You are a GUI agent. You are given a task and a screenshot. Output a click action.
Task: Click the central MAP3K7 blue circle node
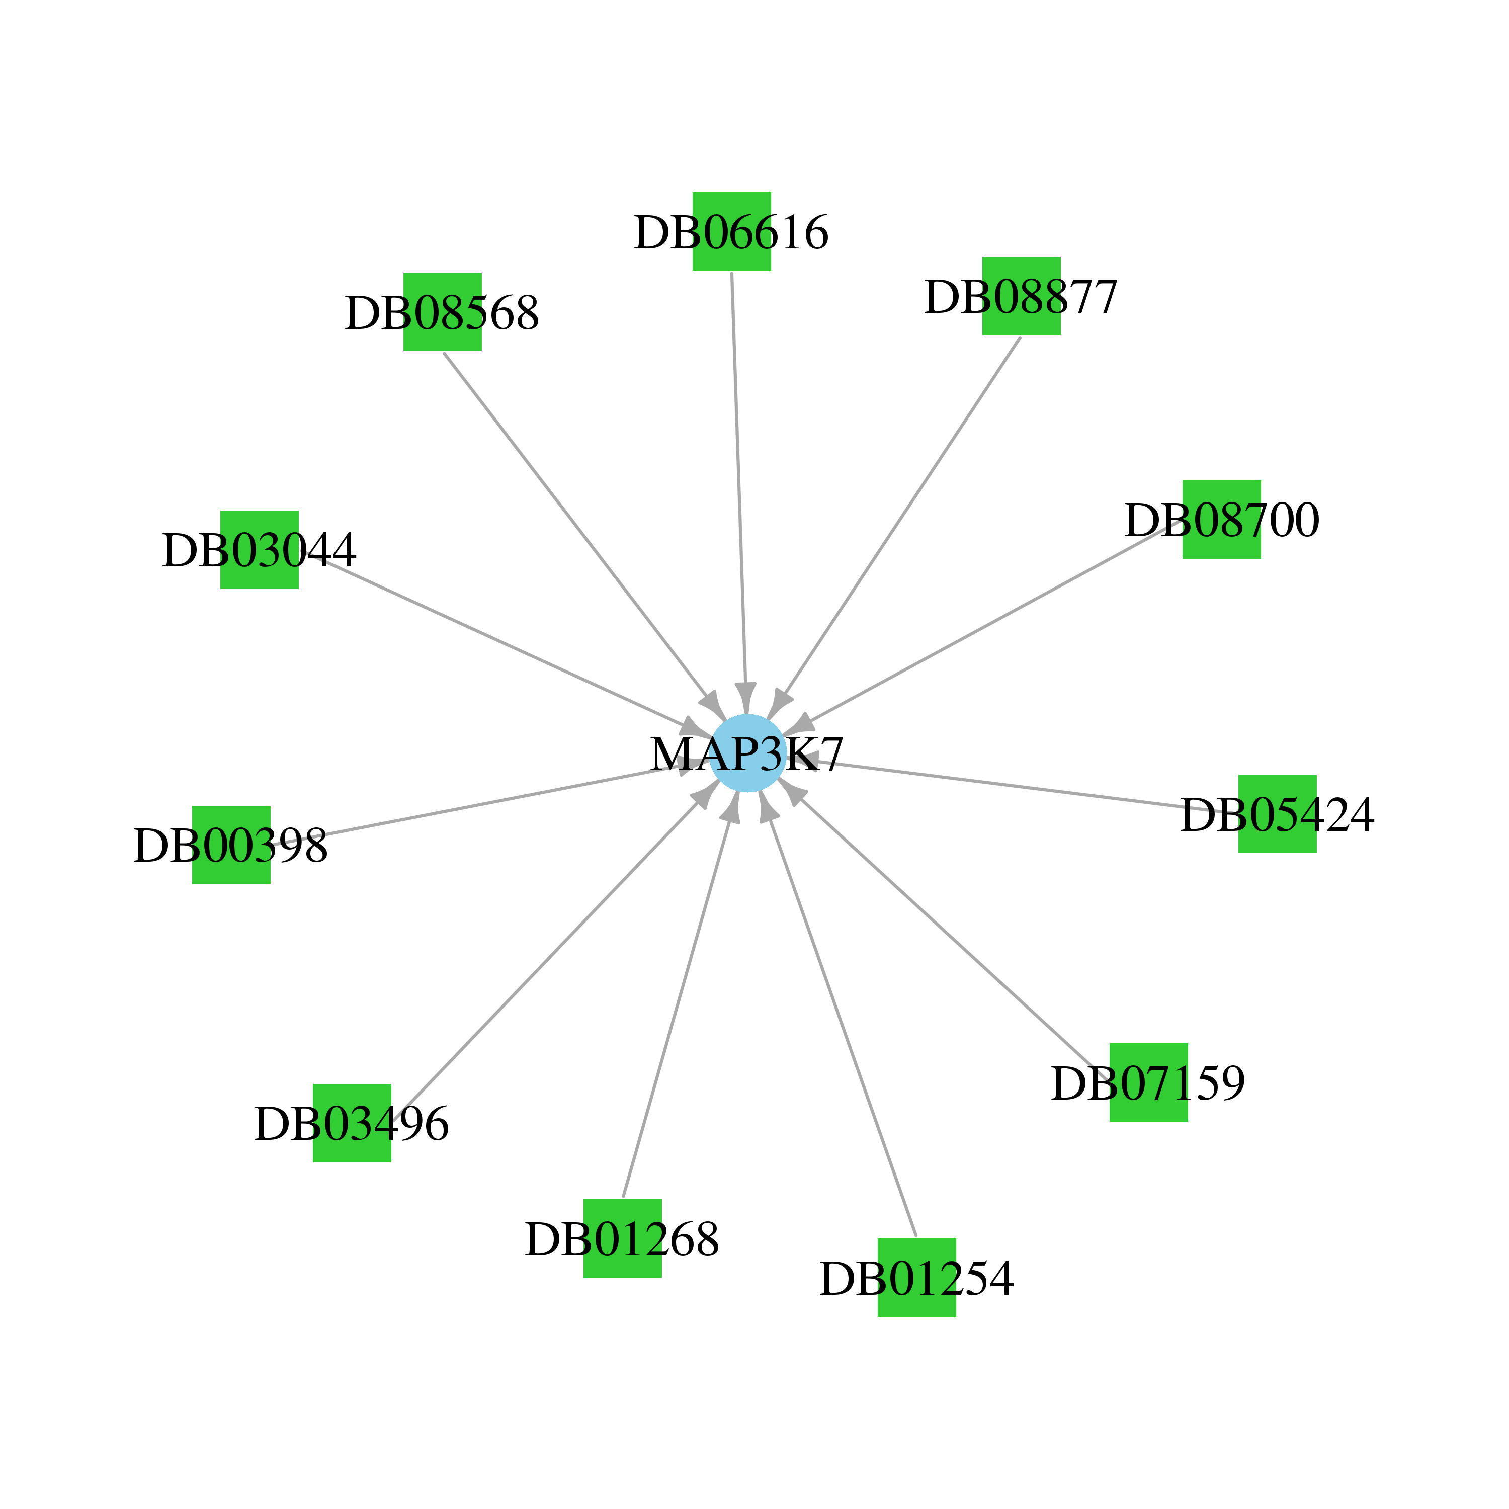click(x=747, y=753)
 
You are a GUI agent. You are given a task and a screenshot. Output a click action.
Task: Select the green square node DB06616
click(x=732, y=231)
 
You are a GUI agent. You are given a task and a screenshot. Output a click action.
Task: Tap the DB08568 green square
click(x=442, y=312)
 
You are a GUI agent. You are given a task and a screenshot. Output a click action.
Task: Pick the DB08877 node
click(x=1022, y=295)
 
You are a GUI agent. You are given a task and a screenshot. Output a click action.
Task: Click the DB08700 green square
click(x=1222, y=520)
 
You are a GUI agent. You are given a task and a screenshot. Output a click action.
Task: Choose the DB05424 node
click(x=1278, y=814)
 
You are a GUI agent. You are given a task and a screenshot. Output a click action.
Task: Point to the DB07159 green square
click(x=1149, y=1082)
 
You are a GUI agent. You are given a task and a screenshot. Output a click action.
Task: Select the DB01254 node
click(x=917, y=1277)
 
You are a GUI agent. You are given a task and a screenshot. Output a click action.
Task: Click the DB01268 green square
click(x=623, y=1238)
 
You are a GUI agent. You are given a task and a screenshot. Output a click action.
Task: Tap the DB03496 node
click(x=352, y=1123)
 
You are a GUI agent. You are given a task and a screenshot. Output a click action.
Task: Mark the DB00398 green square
click(x=231, y=845)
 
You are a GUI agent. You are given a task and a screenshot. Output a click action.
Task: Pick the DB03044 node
click(x=260, y=550)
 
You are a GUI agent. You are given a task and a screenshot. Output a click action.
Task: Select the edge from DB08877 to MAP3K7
click(x=902, y=516)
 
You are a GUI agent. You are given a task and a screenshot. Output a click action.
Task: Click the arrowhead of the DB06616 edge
click(x=746, y=698)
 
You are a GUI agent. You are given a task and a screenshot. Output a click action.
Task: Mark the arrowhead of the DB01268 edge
click(x=732, y=806)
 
